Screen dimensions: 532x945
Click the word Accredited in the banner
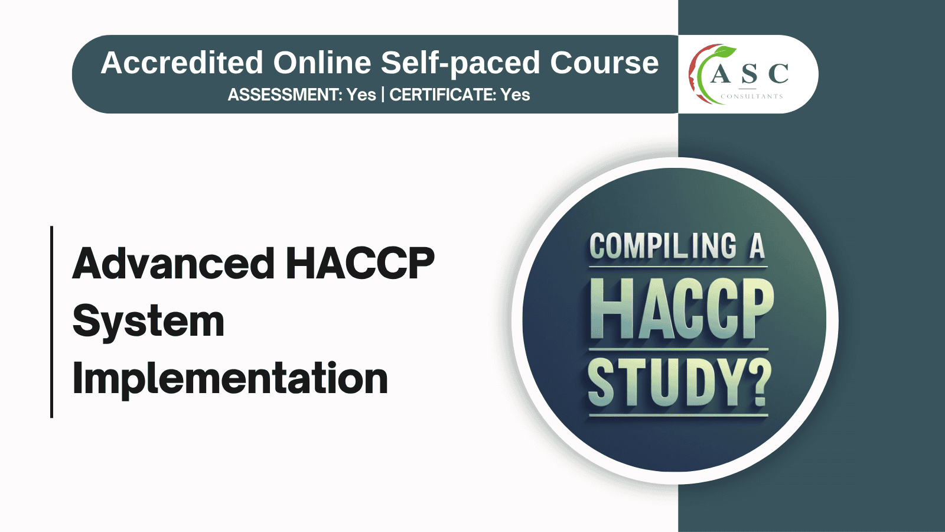(182, 63)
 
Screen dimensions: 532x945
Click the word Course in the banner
(604, 63)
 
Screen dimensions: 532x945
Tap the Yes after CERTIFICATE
(515, 95)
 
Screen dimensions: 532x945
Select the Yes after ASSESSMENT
(361, 95)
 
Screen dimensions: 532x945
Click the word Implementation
(230, 378)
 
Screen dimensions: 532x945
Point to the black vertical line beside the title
(52, 322)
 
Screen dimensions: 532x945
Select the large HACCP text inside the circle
(682, 309)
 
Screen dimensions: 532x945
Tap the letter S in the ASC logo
(750, 74)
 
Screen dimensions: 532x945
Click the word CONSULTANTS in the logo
(751, 96)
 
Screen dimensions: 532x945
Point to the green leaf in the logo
(726, 52)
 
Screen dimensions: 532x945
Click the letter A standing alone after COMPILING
(757, 246)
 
